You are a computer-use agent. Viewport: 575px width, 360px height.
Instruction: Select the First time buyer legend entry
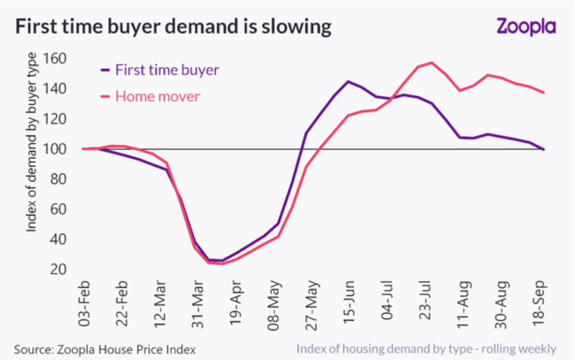point(166,70)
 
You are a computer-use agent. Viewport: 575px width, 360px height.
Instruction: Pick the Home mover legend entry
point(157,96)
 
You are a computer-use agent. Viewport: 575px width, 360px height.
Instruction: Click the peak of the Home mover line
point(432,63)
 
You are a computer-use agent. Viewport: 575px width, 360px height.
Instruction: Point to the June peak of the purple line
point(348,82)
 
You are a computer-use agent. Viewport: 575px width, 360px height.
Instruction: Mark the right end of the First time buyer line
point(544,149)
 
